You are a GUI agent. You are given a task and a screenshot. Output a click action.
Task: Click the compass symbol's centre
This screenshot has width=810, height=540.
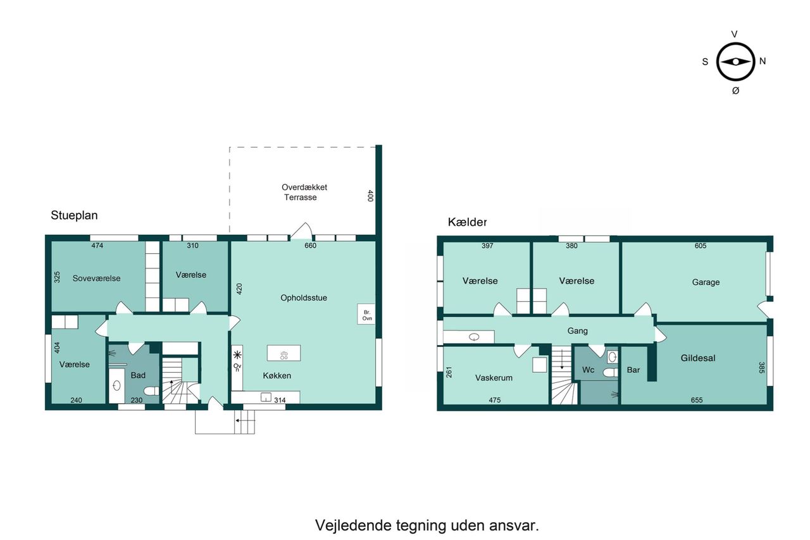[735, 62]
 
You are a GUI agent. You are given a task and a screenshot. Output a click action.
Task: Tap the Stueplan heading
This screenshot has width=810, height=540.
[74, 216]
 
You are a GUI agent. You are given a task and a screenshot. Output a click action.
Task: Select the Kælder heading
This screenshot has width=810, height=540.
[467, 222]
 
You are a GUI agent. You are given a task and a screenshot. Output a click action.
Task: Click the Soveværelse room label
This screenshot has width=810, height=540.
[97, 278]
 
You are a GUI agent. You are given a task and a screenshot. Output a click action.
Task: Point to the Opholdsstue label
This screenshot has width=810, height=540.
[304, 298]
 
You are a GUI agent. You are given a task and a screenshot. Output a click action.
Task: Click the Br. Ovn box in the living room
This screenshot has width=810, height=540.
[366, 314]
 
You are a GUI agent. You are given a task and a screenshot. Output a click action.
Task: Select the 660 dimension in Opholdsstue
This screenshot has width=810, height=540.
[310, 246]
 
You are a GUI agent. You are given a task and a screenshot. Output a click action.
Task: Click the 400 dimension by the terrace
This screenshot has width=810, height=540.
[370, 196]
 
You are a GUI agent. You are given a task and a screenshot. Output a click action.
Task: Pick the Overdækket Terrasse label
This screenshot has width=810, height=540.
[304, 192]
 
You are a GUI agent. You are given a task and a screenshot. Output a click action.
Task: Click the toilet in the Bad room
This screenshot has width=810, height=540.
[151, 391]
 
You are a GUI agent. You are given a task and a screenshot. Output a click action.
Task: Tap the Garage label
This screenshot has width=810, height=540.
[706, 282]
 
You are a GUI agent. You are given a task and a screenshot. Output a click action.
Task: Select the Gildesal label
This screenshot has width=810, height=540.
[698, 358]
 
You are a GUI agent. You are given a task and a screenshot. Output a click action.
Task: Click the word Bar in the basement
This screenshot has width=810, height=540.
[633, 370]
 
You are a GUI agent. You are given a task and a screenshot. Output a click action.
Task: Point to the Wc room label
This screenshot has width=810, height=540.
[588, 370]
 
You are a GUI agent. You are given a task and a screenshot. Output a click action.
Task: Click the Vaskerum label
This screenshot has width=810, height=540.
[494, 378]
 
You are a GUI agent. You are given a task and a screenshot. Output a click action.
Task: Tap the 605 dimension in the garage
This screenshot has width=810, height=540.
[701, 246]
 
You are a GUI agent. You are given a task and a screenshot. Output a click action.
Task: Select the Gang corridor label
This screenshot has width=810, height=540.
[578, 330]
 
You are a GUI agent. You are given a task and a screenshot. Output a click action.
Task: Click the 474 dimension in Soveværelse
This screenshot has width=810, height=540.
[97, 246]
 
